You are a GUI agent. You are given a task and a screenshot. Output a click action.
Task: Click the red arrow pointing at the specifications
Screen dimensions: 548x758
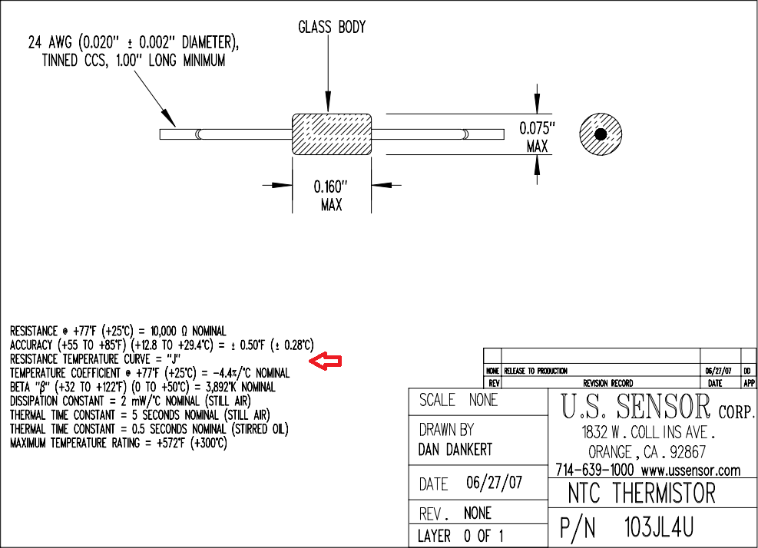pos(325,361)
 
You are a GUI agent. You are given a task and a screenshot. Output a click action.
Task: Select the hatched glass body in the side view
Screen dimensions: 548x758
pos(331,134)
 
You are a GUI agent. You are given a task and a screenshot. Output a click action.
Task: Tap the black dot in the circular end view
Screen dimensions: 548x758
pos(601,134)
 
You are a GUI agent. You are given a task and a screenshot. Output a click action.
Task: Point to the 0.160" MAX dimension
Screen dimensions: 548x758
pos(331,196)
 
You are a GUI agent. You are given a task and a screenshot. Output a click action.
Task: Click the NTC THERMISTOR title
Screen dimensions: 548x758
pos(641,493)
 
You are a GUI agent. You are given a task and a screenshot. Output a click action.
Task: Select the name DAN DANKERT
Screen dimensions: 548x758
pos(455,450)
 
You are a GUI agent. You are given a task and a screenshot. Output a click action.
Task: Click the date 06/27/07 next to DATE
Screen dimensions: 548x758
pos(494,484)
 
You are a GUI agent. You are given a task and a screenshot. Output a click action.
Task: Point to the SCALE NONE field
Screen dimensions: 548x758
pos(458,400)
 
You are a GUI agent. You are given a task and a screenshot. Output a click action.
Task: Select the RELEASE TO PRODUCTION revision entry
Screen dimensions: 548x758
pos(535,371)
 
